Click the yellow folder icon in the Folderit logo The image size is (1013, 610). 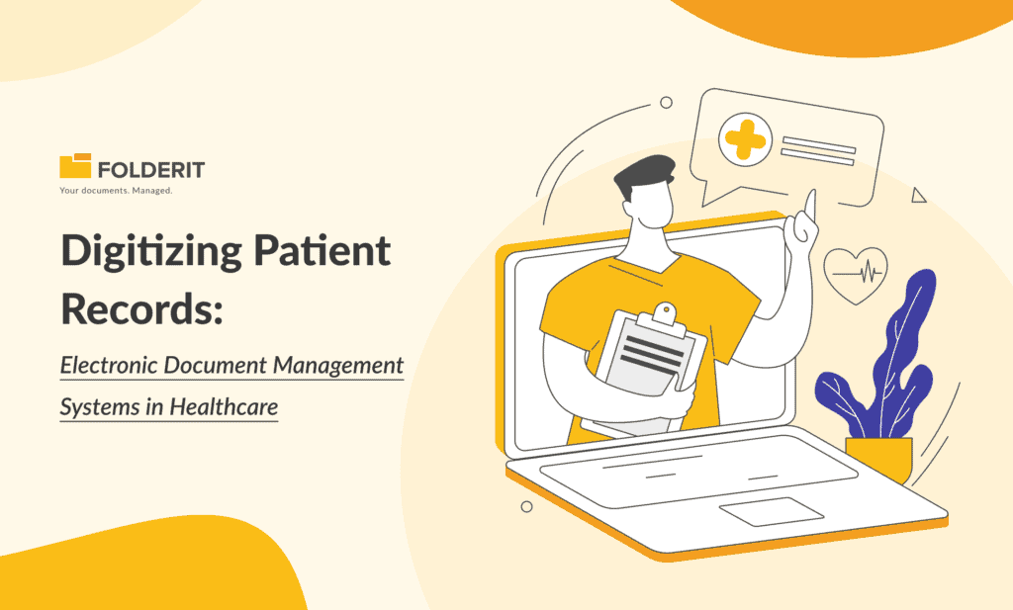(75, 167)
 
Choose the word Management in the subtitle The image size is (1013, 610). (339, 366)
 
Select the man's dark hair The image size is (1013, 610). (643, 178)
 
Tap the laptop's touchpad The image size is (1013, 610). (772, 510)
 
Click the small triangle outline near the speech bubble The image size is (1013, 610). (918, 196)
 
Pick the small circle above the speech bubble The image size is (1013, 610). (666, 102)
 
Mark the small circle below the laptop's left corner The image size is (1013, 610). (526, 506)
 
